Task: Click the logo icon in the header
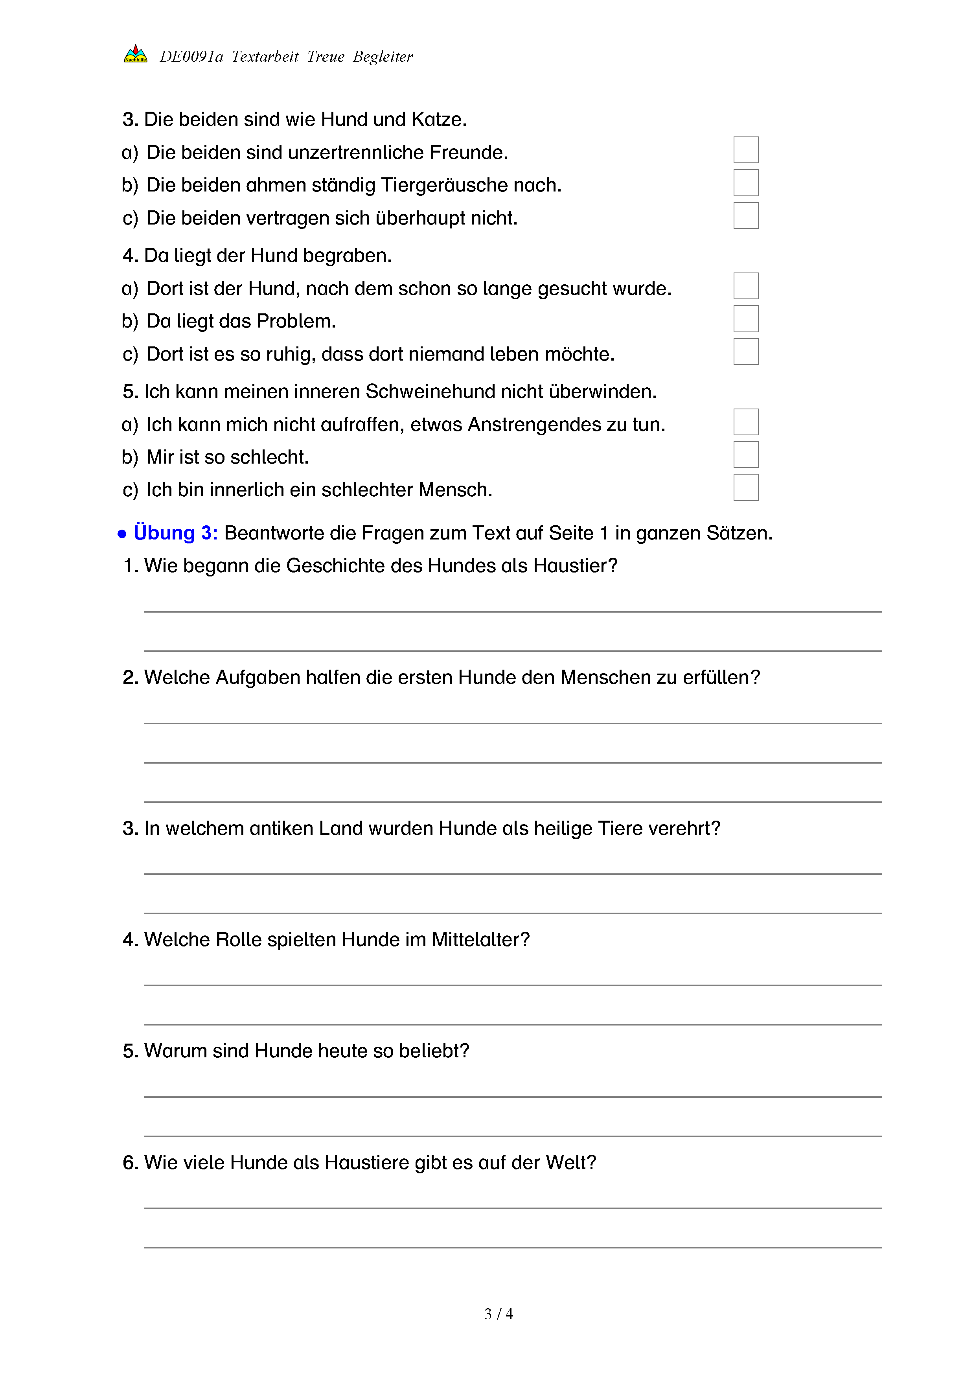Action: (135, 54)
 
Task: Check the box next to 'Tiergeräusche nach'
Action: (746, 182)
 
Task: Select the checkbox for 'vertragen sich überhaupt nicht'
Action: (746, 215)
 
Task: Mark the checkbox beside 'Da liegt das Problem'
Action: (746, 319)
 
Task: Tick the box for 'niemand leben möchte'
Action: (746, 352)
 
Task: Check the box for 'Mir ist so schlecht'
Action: (746, 455)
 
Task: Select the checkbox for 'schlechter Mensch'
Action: (746, 487)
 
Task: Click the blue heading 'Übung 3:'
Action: (175, 533)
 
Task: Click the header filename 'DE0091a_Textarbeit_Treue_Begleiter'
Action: (286, 57)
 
